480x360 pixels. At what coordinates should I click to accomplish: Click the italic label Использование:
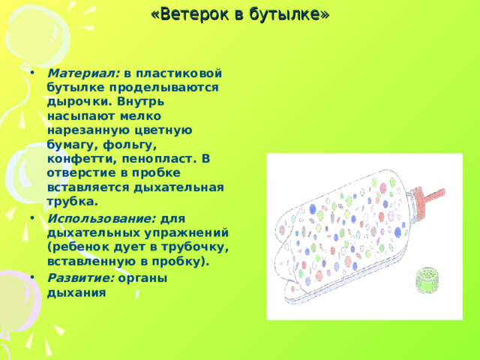[x=102, y=217]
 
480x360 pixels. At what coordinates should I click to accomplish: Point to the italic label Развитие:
[x=81, y=277]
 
